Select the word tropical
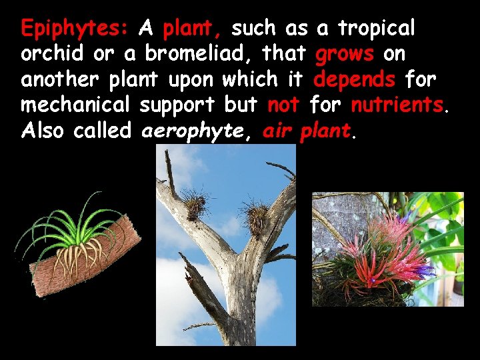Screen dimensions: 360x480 click(x=376, y=29)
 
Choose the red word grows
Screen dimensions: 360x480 click(x=344, y=54)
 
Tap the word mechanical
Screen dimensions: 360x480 click(x=76, y=105)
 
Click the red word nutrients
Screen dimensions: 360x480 click(x=397, y=105)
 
